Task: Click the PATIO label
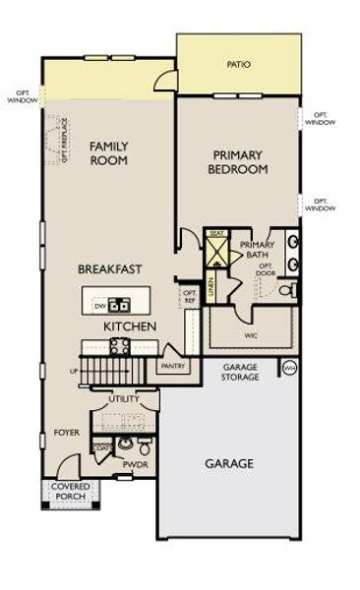click(x=238, y=65)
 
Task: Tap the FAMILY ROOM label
click(x=109, y=154)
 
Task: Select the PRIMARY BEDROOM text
click(x=238, y=161)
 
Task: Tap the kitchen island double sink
click(x=118, y=305)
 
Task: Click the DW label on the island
click(x=99, y=307)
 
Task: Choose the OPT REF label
click(x=190, y=296)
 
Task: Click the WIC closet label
click(x=251, y=335)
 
